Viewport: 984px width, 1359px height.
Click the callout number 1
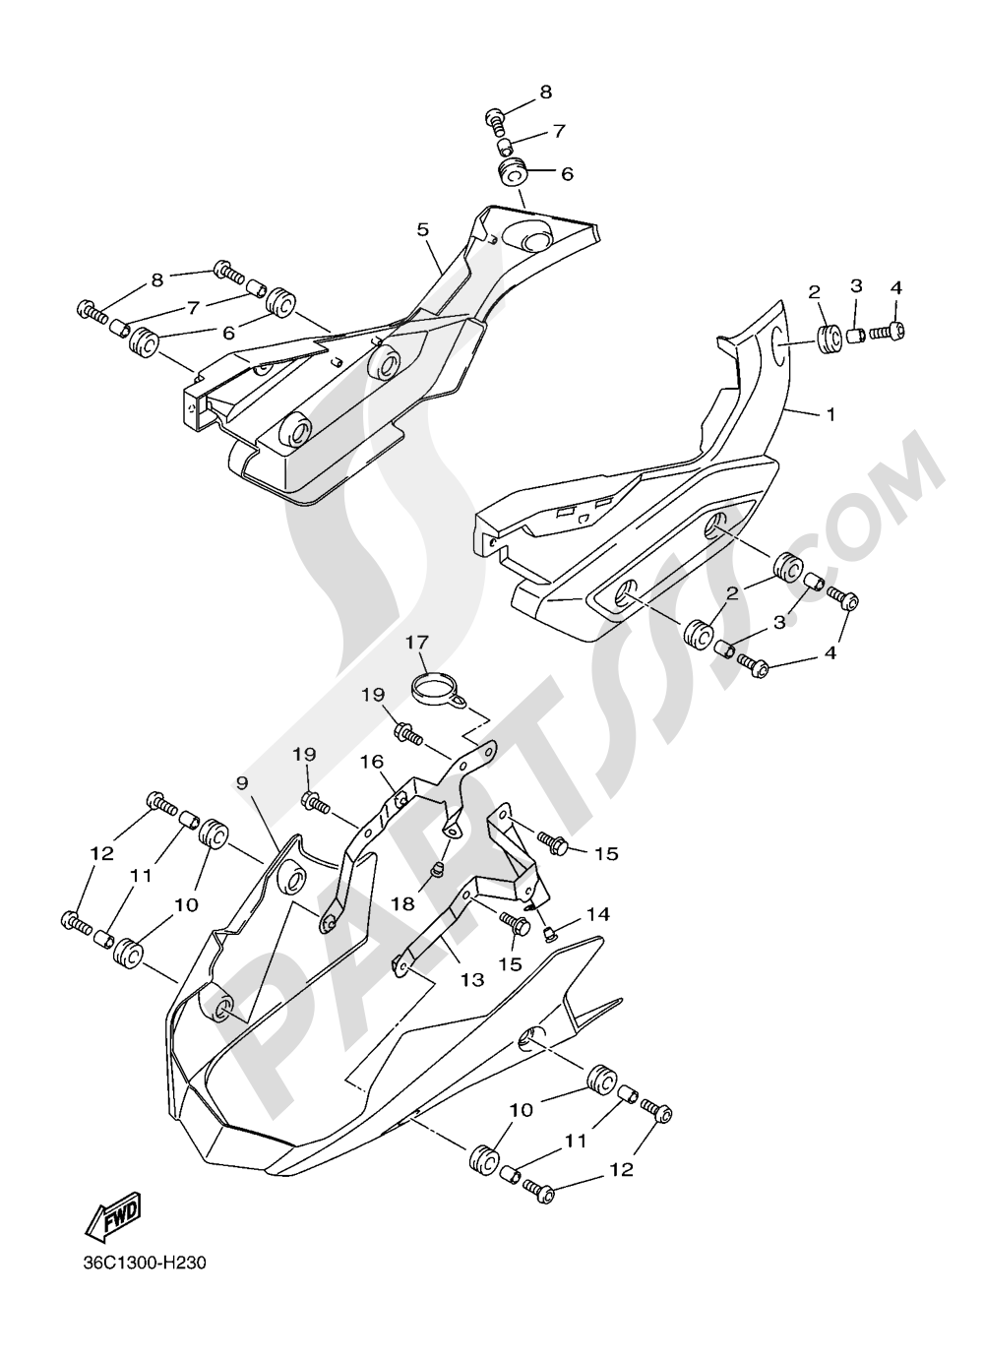[x=830, y=415]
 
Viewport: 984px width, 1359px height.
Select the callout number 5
[x=422, y=229]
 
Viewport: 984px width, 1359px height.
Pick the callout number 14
[x=597, y=914]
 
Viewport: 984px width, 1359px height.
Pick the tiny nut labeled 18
[x=440, y=867]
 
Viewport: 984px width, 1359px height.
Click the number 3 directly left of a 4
[x=856, y=286]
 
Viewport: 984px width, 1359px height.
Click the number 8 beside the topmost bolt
[x=544, y=93]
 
